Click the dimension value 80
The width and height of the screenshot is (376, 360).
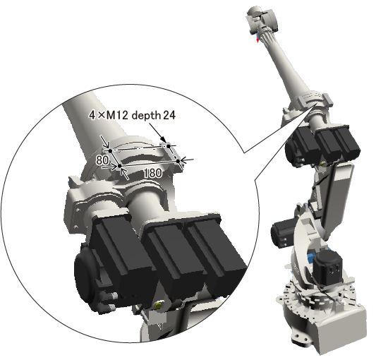[102, 160]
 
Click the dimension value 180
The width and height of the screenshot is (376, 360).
[153, 173]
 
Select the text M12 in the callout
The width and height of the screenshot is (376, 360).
[117, 116]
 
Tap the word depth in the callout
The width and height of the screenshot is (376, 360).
[146, 116]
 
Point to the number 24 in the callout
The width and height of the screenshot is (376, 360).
[169, 116]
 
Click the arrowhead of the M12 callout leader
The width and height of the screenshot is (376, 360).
[164, 140]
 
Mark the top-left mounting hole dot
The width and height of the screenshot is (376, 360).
[110, 151]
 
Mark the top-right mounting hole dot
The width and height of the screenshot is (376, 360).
[169, 146]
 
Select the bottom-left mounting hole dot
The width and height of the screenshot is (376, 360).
[120, 166]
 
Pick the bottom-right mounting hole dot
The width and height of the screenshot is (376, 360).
[178, 161]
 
